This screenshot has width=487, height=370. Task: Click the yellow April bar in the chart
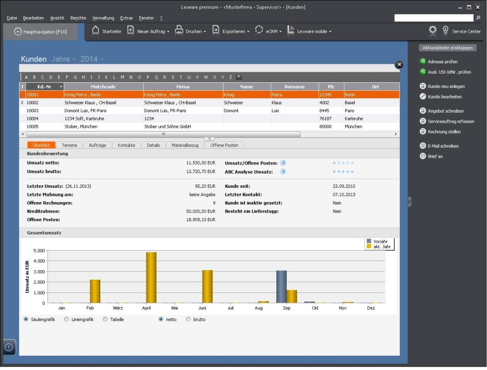[x=151, y=277]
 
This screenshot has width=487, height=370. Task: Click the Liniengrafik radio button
[x=67, y=320]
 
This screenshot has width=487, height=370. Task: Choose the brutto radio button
[x=188, y=320]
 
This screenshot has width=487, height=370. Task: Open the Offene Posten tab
[x=224, y=145]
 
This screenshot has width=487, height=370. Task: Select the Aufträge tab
[x=97, y=145]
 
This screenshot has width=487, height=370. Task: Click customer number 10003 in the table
[x=32, y=110]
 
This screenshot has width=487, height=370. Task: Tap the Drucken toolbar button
[x=190, y=31]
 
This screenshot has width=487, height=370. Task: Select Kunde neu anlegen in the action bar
[x=446, y=87]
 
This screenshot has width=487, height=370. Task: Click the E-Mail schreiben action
[x=443, y=146]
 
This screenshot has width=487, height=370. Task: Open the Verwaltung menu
[x=103, y=18]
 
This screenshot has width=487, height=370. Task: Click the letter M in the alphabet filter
[x=122, y=77]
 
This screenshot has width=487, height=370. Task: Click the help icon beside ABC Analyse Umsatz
[x=283, y=172]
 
